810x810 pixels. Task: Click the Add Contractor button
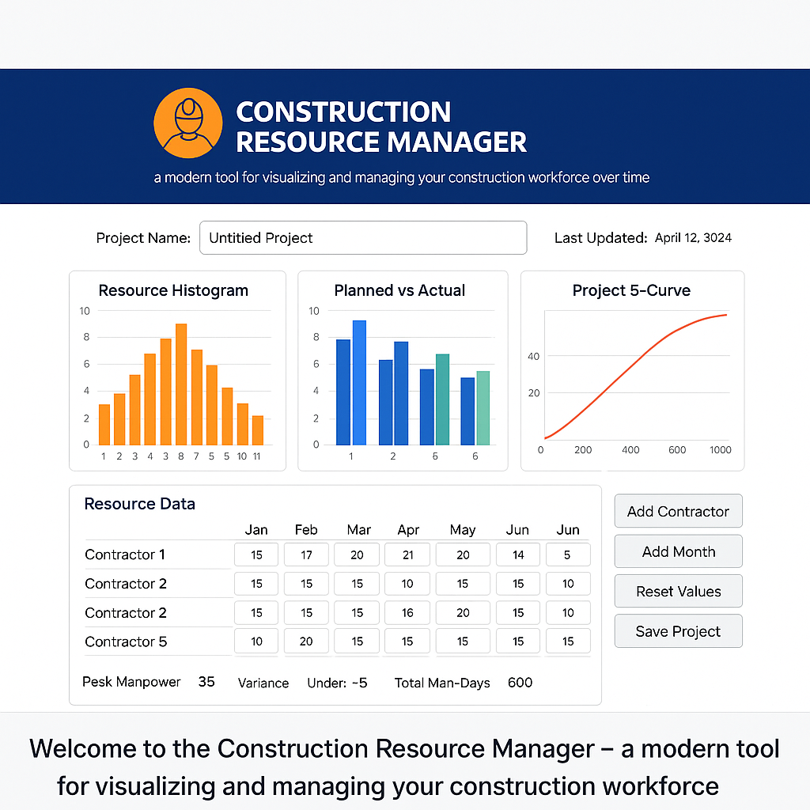click(x=678, y=511)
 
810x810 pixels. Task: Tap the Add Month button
click(x=678, y=551)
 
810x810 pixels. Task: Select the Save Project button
click(x=678, y=631)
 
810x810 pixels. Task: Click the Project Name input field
click(x=363, y=237)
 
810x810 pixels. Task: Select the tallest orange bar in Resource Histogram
click(x=181, y=384)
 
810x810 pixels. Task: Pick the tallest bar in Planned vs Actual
click(x=359, y=383)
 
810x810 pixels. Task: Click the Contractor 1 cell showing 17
click(x=306, y=555)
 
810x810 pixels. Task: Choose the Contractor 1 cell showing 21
click(x=407, y=555)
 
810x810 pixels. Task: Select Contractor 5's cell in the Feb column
click(x=306, y=642)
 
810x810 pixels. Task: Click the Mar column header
click(x=358, y=530)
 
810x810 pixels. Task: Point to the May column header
click(x=462, y=530)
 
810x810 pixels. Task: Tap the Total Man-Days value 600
click(x=520, y=682)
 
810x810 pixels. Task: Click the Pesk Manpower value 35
click(x=206, y=681)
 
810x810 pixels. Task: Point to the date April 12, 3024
click(x=693, y=237)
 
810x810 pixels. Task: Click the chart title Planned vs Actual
click(x=399, y=290)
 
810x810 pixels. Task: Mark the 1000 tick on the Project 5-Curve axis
click(x=721, y=450)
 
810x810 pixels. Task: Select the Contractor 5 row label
click(x=126, y=642)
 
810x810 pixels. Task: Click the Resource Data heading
click(x=139, y=504)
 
